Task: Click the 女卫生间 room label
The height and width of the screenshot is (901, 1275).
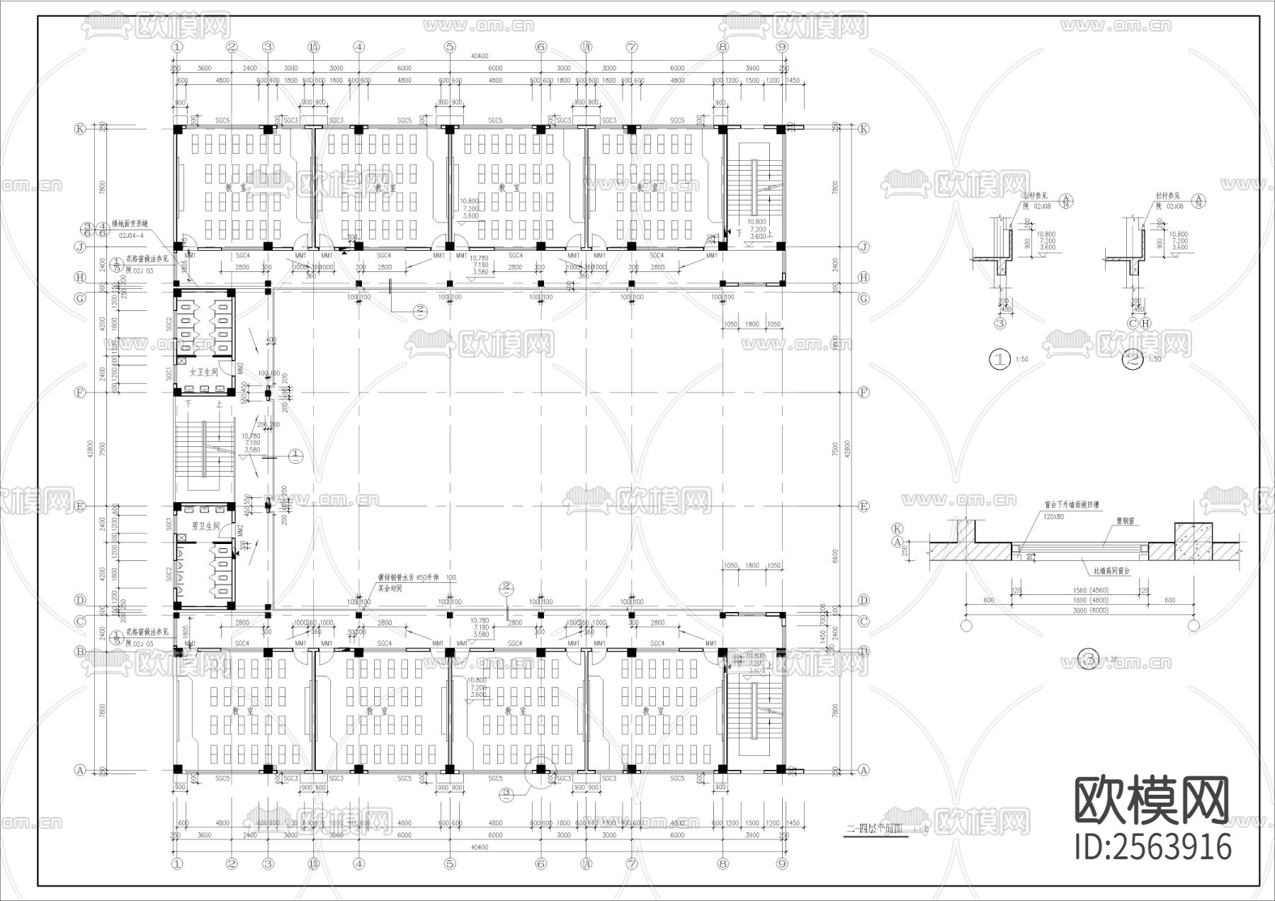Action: click(203, 371)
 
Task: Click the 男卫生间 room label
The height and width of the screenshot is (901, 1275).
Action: click(205, 526)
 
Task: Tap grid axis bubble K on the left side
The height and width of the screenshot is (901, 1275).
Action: click(81, 129)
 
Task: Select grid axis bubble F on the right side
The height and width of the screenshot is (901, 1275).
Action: click(863, 392)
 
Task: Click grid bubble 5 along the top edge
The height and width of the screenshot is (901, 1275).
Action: click(450, 47)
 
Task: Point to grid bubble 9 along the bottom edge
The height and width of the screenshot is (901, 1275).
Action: click(782, 863)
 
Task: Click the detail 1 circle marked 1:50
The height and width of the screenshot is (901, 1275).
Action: click(999, 359)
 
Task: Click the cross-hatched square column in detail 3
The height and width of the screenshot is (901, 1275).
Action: click(1194, 542)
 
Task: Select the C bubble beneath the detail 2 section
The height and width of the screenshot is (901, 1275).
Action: click(1133, 324)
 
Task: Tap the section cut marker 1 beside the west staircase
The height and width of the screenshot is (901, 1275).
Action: click(296, 456)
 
